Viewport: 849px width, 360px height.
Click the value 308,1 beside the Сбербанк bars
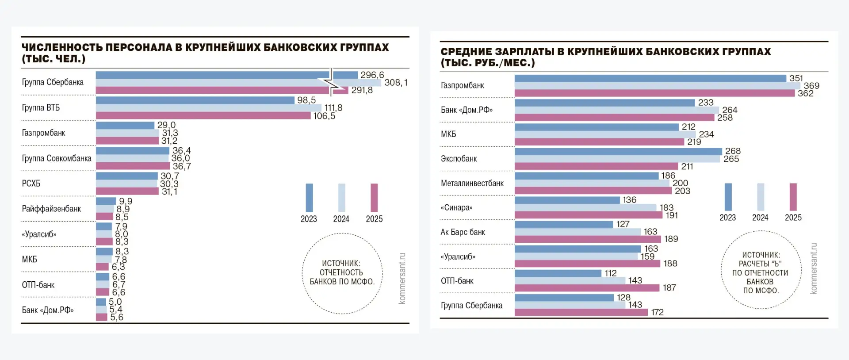396,83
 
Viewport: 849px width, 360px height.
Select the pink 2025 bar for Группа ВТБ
203,115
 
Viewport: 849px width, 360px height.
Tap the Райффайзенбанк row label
51,209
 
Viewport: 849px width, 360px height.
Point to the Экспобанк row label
459,159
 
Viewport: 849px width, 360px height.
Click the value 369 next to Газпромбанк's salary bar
811,86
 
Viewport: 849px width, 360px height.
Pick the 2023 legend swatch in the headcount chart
309,198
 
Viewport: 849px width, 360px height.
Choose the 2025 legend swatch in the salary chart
793,197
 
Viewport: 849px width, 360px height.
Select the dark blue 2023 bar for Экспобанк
618,151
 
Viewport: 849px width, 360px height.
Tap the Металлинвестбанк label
472,183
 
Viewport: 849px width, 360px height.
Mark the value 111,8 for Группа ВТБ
333,108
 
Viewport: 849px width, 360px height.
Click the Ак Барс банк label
463,232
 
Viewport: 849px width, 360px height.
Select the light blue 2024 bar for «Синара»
585,207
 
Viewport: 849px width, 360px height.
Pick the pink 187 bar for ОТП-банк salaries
587,288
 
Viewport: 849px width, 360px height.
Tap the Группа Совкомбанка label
57,158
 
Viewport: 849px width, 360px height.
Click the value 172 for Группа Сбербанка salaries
657,312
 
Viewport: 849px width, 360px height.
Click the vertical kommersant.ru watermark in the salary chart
814,268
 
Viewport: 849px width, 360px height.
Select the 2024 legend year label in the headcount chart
341,219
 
